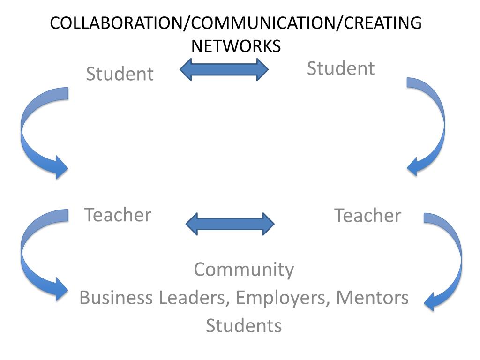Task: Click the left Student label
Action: click(120, 74)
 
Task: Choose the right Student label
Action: click(341, 68)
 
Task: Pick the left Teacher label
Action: click(118, 215)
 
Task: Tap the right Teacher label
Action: click(367, 216)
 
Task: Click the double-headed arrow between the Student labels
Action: click(224, 69)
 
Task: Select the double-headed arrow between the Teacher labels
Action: click(230, 224)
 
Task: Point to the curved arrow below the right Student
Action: click(434, 127)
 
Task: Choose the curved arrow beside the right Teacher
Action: click(450, 262)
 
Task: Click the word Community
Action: click(244, 270)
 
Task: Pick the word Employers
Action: click(283, 298)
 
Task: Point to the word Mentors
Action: click(372, 298)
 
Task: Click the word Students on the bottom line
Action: click(244, 325)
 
